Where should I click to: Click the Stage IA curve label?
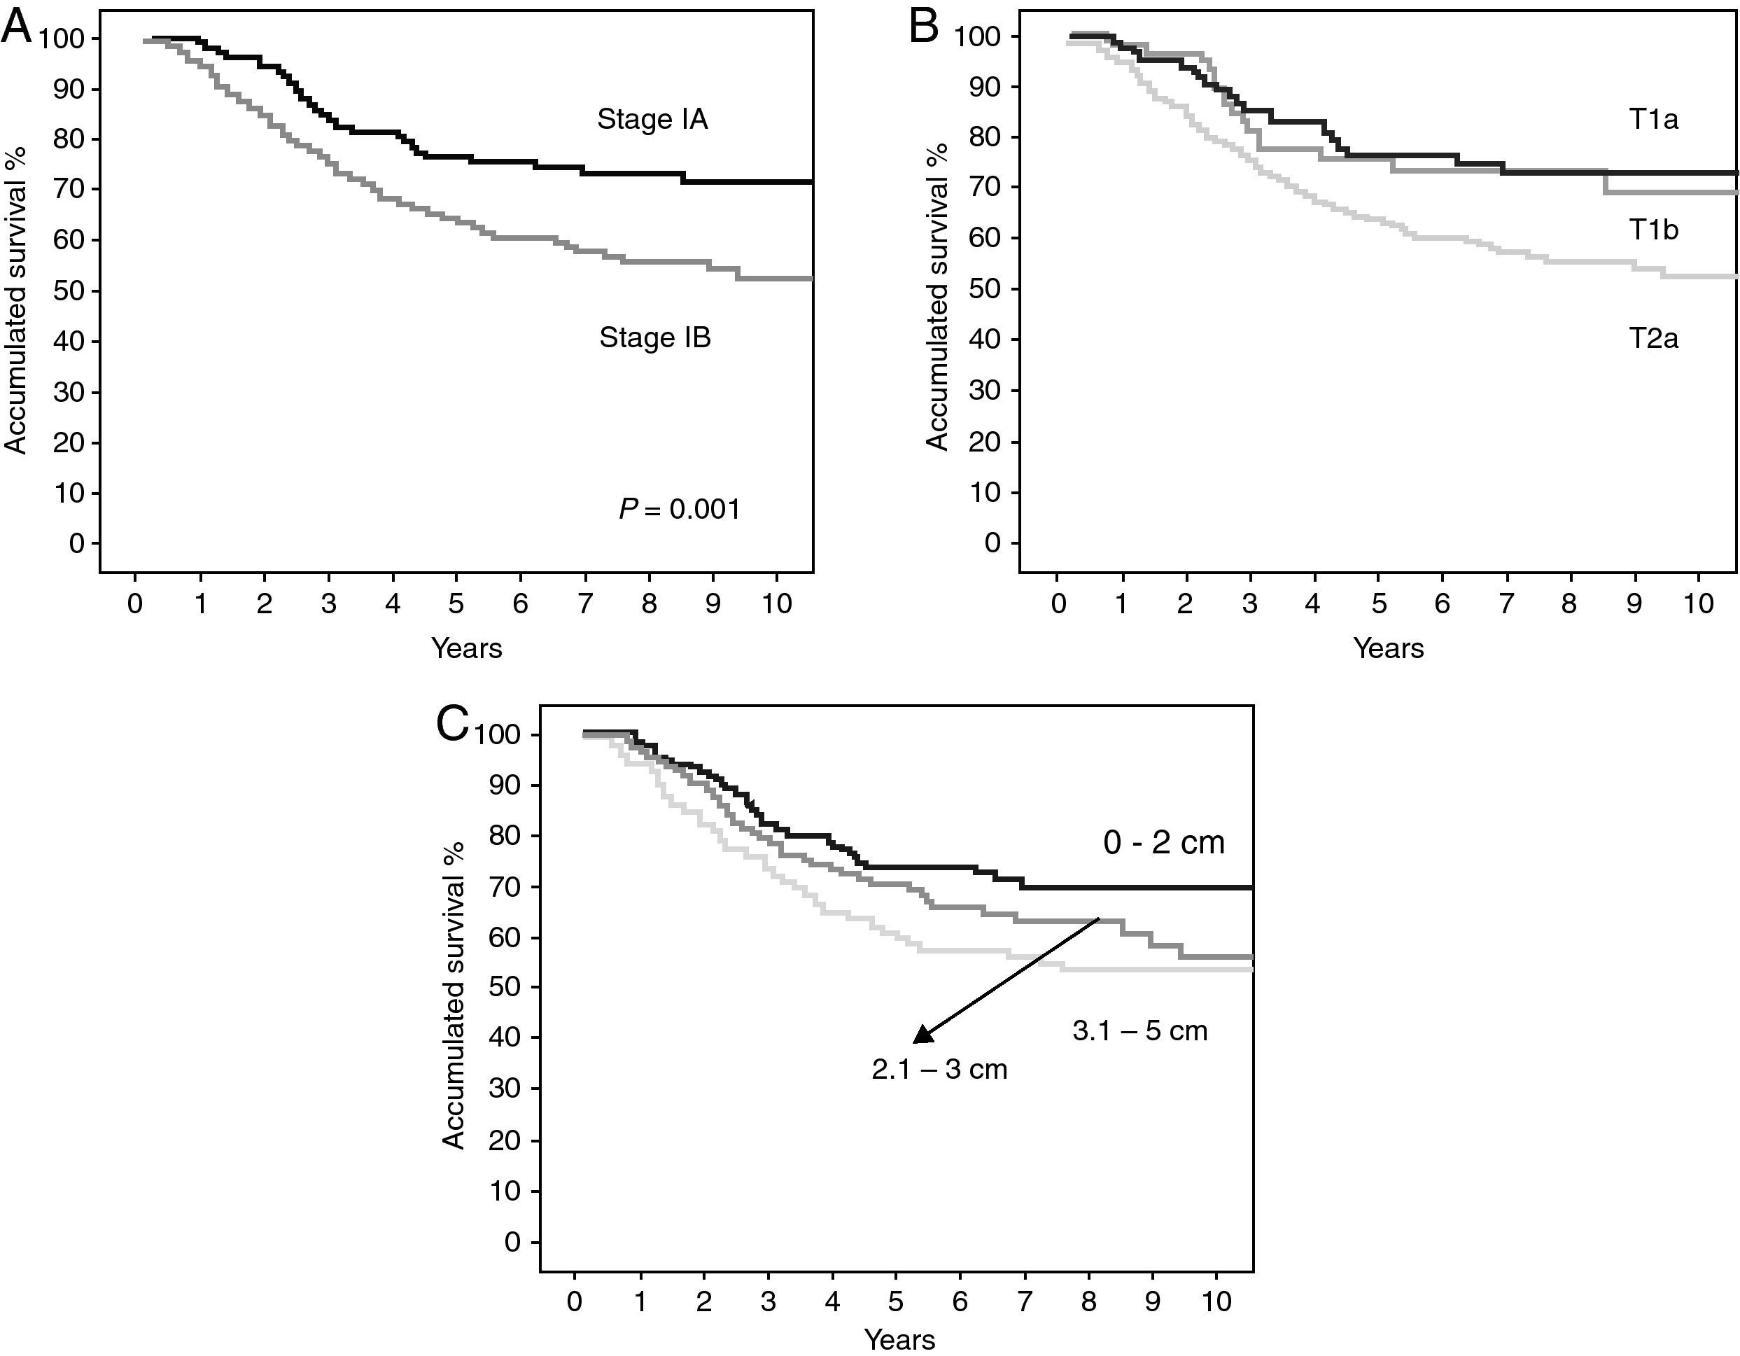[x=652, y=120]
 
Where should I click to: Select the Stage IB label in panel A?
[x=655, y=338]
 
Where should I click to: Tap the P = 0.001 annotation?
[x=680, y=509]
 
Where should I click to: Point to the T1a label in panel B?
[x=1653, y=120]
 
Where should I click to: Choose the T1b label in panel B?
[x=1653, y=230]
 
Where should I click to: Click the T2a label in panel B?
[x=1653, y=339]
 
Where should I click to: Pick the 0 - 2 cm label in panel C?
[x=1163, y=842]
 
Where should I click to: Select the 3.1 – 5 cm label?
[x=1140, y=1031]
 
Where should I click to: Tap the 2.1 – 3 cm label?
[x=939, y=1069]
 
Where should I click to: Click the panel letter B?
[x=924, y=29]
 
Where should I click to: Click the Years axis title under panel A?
[x=467, y=648]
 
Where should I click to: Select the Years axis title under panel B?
[x=1388, y=648]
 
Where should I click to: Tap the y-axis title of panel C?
[x=454, y=996]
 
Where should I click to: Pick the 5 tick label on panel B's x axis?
[x=1378, y=603]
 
